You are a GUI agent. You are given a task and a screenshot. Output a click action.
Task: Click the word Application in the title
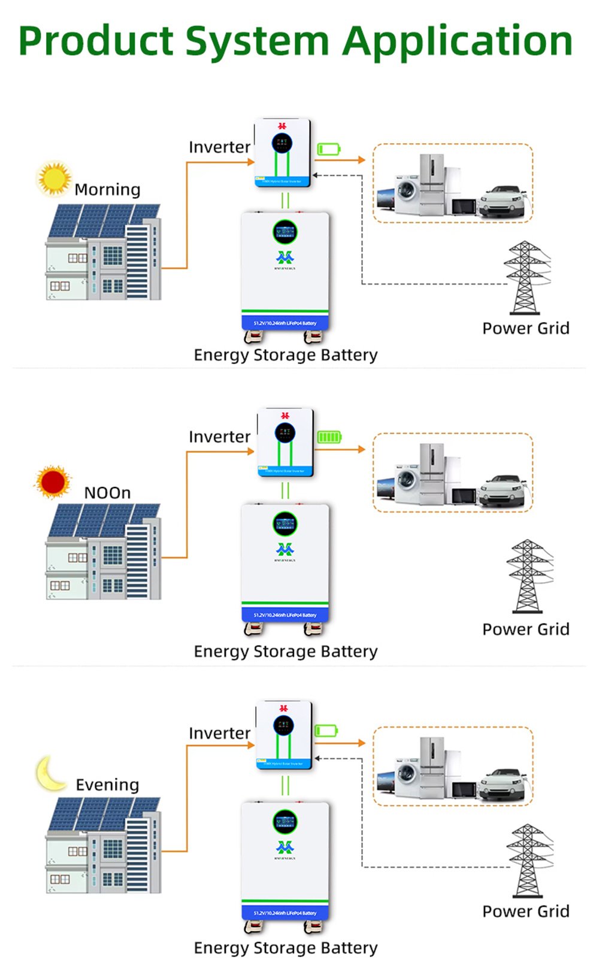coord(458,42)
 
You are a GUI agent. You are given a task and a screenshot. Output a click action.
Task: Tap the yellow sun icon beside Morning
coord(54,178)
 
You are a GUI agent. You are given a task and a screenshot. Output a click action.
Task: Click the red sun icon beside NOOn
coord(53,481)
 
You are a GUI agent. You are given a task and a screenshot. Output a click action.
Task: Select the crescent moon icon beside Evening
coord(50,773)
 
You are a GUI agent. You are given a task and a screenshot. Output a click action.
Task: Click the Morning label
coord(107,190)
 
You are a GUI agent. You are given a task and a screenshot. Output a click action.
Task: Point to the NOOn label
coord(107,493)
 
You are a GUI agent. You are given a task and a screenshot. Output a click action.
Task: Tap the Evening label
coord(107,785)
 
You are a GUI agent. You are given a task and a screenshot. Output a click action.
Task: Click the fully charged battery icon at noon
coord(329,437)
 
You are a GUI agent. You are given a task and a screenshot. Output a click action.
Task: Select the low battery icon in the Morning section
coord(328,149)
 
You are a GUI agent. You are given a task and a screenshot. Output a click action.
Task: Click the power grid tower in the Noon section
coord(527,576)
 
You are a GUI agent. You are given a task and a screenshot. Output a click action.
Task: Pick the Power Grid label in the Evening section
coord(525,911)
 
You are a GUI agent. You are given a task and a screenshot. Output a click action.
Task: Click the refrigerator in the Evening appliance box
coord(432,768)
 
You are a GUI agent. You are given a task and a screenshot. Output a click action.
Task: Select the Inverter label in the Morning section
coord(219,147)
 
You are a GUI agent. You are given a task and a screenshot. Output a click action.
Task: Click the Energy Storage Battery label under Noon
coord(285,651)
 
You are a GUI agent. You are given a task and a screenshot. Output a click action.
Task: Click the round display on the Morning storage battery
coord(285,232)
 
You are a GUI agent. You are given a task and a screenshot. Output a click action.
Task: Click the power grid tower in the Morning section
coord(525,277)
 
